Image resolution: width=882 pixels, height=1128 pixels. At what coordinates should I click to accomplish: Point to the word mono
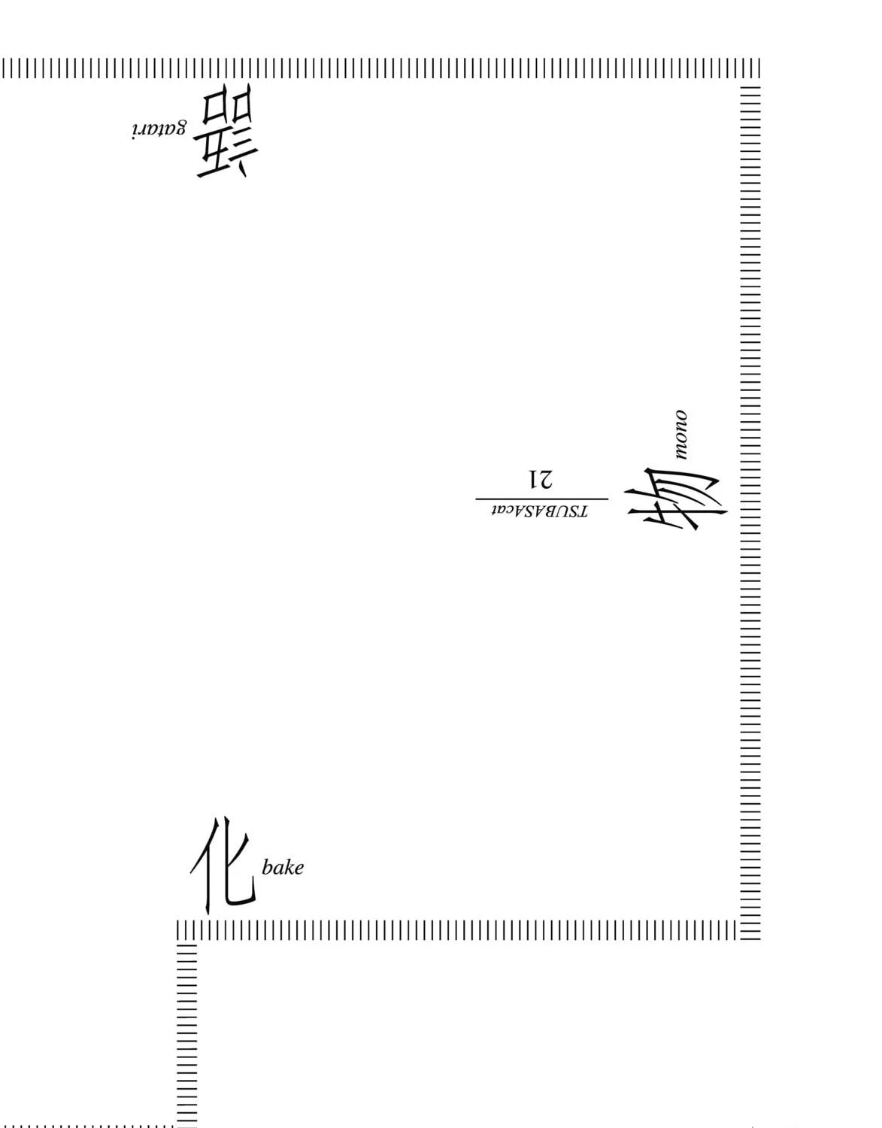(680, 435)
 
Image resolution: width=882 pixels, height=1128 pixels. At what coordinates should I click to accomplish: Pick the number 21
(540, 480)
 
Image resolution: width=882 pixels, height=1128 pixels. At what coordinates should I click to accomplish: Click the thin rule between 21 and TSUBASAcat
(541, 499)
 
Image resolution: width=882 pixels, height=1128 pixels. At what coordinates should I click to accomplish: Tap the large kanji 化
(223, 866)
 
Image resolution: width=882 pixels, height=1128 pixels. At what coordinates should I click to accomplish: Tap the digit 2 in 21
(547, 480)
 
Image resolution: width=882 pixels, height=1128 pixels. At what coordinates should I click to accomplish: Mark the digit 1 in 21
(533, 480)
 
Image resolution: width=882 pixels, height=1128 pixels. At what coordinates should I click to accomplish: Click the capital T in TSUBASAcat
(583, 512)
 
